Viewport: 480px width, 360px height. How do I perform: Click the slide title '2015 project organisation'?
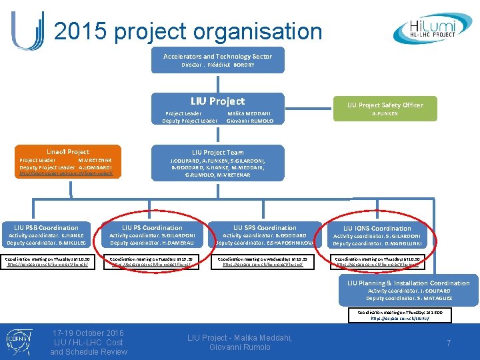(187, 31)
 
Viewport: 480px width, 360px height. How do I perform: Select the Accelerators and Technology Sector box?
(217, 59)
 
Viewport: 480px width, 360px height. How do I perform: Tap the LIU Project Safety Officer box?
(385, 109)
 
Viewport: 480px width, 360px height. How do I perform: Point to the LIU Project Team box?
(218, 162)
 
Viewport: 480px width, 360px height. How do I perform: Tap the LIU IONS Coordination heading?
(377, 229)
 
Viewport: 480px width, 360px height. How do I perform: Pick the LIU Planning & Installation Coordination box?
(408, 290)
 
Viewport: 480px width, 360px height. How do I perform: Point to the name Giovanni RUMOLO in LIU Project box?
(250, 121)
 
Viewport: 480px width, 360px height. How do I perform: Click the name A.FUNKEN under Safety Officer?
(384, 113)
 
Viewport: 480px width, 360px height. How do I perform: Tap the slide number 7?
(449, 343)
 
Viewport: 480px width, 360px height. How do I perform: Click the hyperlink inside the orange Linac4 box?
(67, 173)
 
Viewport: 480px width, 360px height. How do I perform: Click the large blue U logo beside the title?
(27, 30)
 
